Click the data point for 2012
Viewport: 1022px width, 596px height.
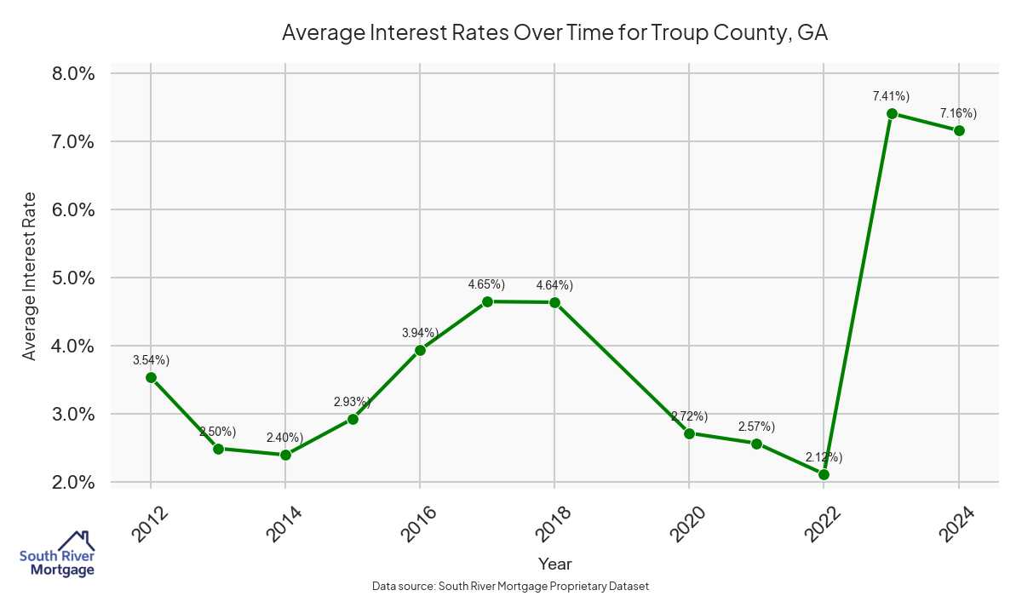click(151, 377)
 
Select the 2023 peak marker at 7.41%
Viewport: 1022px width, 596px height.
click(892, 113)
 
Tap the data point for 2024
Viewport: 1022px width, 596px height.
click(959, 130)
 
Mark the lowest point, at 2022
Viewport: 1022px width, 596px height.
click(824, 474)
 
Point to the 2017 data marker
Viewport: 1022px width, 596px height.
click(487, 301)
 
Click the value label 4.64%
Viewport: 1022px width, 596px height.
click(554, 285)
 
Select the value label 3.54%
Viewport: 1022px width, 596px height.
click(151, 360)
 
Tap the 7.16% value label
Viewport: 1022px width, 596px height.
click(958, 113)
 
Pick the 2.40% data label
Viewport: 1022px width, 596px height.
click(284, 438)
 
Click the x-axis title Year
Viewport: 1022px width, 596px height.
click(554, 564)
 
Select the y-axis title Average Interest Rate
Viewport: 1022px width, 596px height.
click(30, 278)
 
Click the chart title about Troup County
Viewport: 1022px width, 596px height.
click(554, 33)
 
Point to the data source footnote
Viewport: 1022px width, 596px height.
click(511, 586)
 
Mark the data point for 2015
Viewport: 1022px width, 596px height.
click(353, 419)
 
